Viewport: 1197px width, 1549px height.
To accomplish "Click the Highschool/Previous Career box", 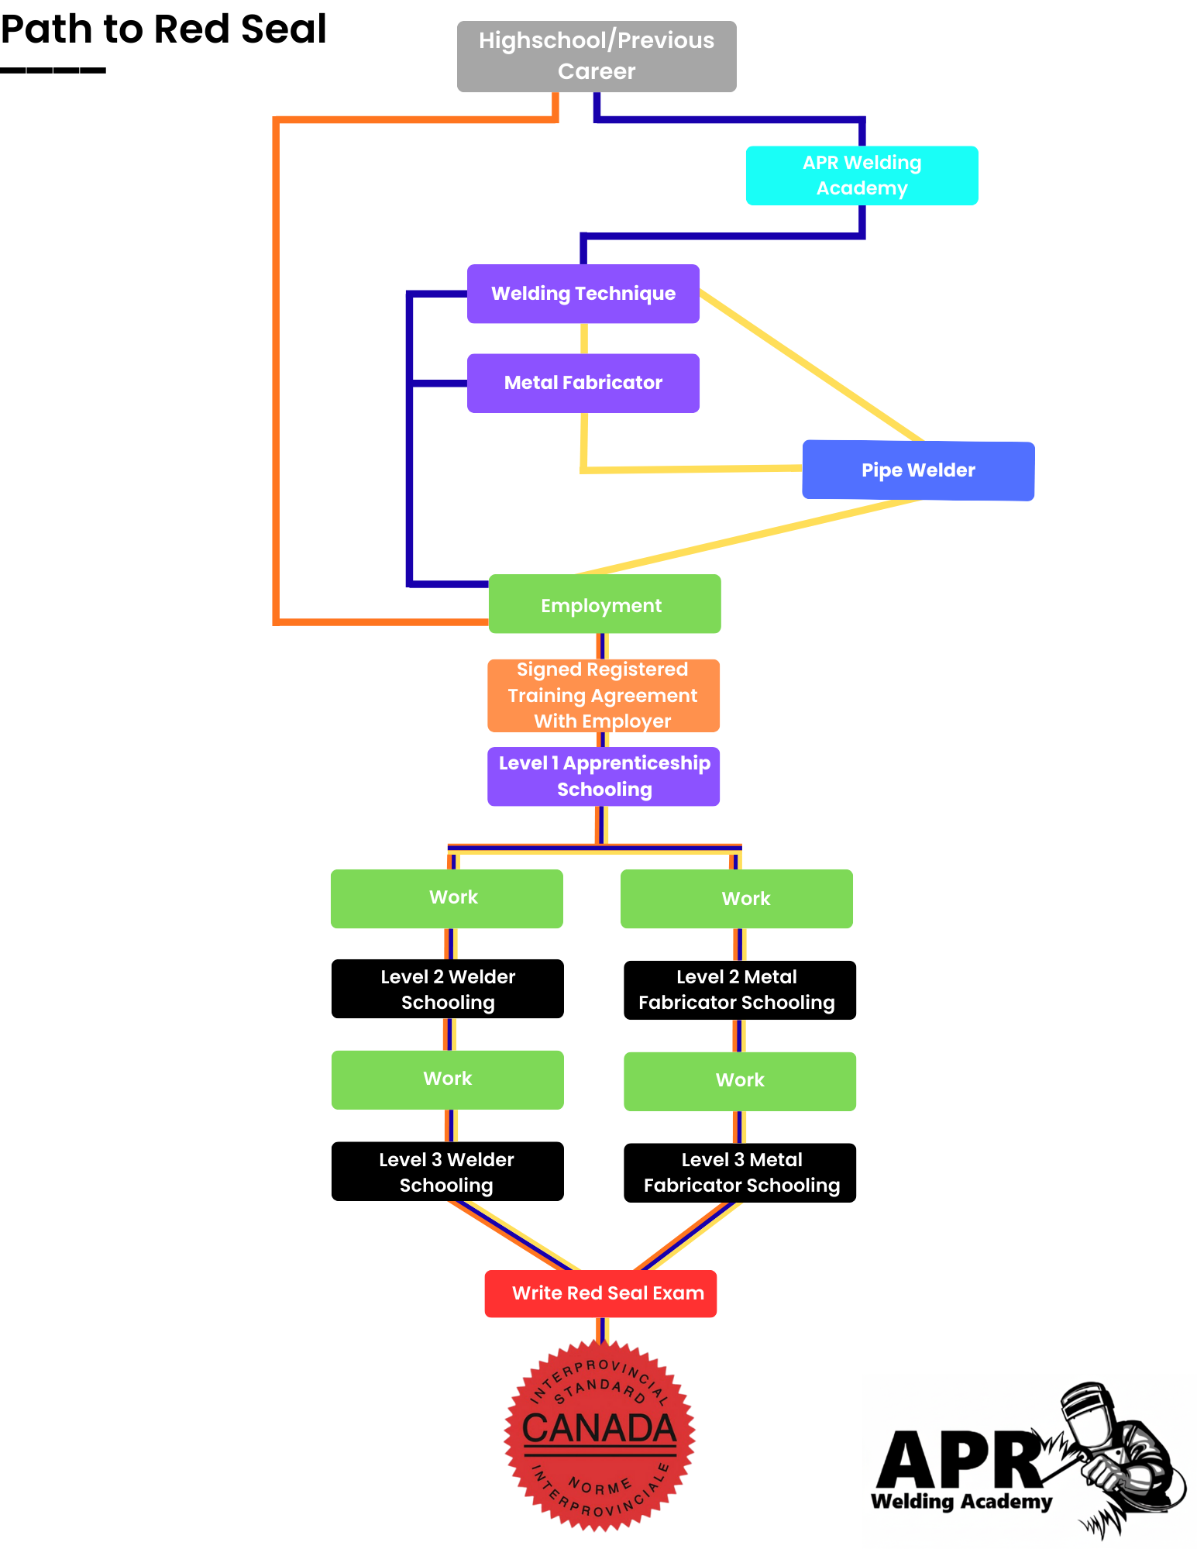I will click(597, 57).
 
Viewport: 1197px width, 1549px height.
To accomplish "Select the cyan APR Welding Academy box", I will click(862, 176).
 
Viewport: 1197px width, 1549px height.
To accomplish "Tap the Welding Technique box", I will click(583, 294).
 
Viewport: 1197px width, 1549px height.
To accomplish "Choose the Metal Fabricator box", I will click(583, 383).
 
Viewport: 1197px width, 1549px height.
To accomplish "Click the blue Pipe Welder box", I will click(918, 470).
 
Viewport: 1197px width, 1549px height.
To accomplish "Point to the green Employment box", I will click(604, 604).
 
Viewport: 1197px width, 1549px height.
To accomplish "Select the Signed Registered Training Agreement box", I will click(603, 696).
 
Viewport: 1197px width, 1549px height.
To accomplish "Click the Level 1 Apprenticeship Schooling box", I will click(603, 776).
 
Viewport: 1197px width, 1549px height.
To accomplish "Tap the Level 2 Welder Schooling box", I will click(447, 989).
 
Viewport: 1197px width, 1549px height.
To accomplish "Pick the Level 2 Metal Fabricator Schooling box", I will click(739, 990).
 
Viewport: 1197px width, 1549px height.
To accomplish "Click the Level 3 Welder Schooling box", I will click(447, 1172).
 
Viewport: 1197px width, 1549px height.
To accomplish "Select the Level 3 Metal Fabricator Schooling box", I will click(739, 1173).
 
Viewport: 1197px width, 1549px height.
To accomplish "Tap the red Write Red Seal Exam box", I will click(600, 1293).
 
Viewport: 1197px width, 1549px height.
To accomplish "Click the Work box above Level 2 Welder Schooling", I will click(447, 899).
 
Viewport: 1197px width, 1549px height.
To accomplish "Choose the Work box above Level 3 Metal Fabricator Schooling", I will click(739, 1081).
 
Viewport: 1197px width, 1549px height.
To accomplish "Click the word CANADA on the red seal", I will click(599, 1428).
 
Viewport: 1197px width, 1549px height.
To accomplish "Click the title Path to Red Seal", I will click(163, 29).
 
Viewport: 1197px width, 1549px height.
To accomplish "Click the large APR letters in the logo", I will click(961, 1461).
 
